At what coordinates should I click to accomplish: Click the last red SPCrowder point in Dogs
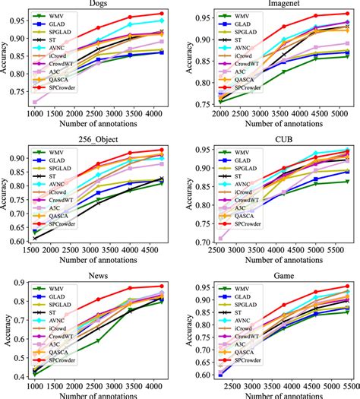coord(160,14)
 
